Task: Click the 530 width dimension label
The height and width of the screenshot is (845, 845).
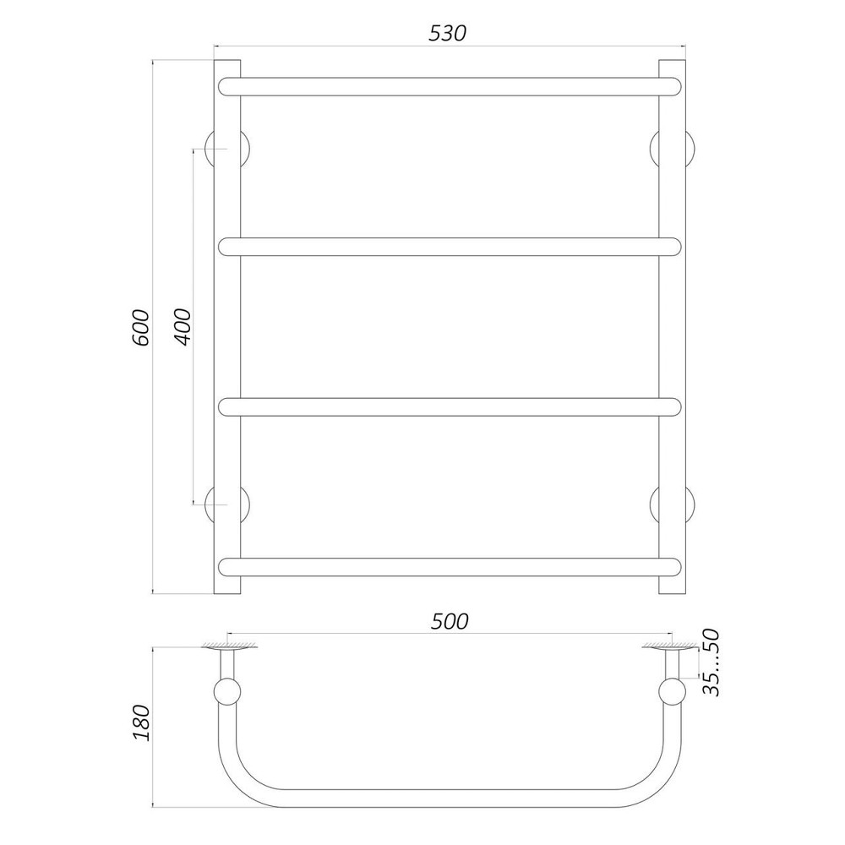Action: tap(447, 34)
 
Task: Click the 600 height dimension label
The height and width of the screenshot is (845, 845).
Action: tap(140, 328)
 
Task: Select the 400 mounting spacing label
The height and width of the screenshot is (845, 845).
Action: tap(183, 327)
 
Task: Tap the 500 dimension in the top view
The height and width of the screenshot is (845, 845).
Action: tap(450, 622)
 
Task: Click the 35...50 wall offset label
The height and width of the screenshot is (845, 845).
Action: tap(711, 662)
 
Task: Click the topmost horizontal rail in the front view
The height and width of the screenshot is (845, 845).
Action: tap(450, 87)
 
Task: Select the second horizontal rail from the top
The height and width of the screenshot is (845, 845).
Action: tap(450, 246)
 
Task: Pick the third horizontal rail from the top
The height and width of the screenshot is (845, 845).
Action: tap(450, 407)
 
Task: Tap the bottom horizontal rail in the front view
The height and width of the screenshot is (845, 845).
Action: tap(450, 567)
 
